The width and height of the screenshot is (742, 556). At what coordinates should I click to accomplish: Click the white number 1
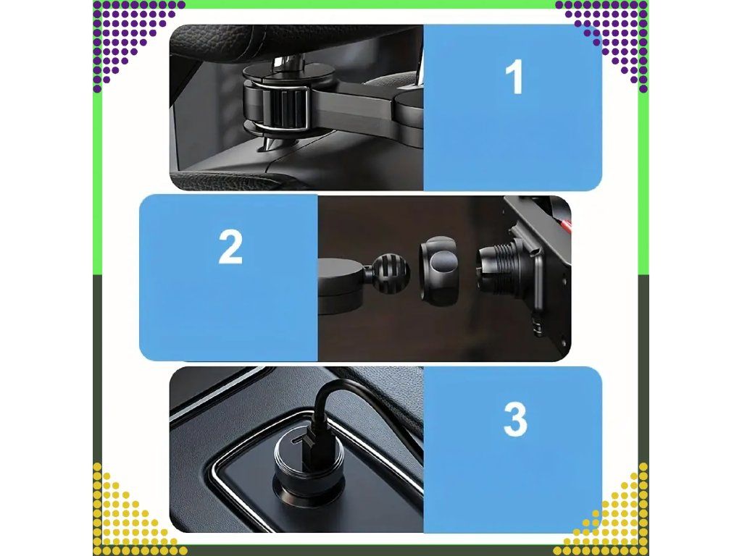514,77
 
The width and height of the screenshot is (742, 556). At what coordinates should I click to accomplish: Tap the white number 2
230,247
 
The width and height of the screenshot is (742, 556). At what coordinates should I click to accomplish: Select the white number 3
515,419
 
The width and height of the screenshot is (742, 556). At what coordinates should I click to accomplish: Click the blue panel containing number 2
228,277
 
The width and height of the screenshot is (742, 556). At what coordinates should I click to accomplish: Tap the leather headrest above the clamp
293,38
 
